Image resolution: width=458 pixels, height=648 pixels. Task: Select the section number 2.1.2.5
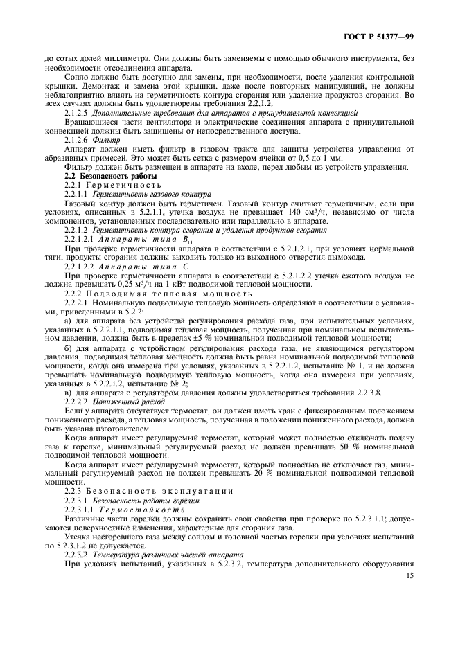78,111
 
